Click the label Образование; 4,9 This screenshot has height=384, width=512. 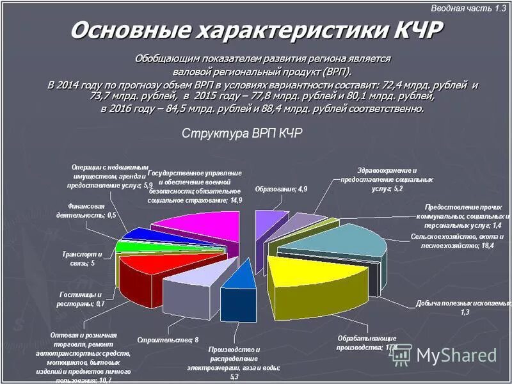tap(281, 190)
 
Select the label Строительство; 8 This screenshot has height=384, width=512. tap(168, 340)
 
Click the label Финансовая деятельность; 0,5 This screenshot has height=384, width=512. tap(92, 211)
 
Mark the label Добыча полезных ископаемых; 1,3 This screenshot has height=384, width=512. tap(463, 307)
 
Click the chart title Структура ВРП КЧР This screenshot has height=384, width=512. tap(243, 134)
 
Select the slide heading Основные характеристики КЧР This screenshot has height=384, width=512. tap(256, 30)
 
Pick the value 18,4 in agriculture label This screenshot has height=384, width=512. tap(488, 246)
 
